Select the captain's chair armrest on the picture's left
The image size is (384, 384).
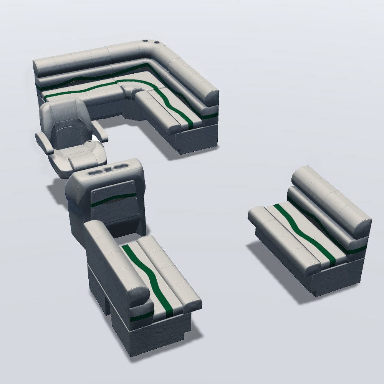[x=45, y=142]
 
